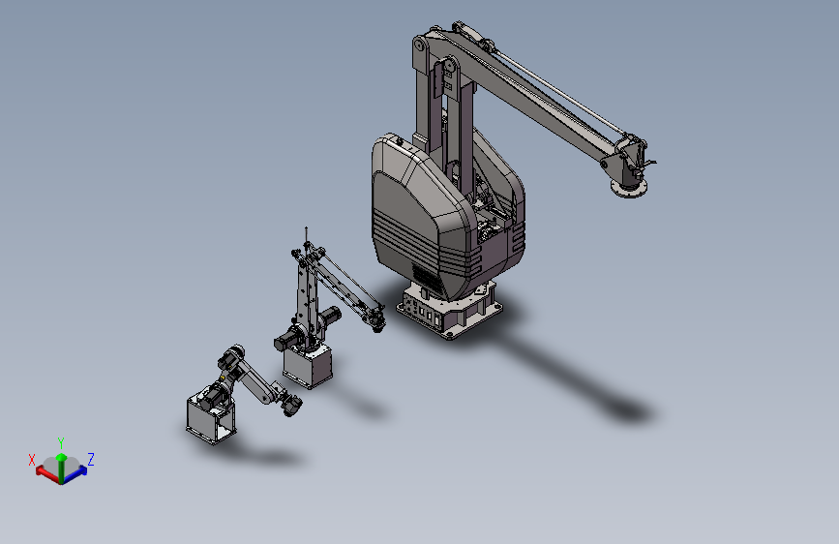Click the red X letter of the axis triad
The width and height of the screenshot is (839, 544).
32,460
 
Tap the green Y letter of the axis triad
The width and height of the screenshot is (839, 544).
61,443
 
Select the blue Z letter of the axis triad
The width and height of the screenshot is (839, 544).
91,460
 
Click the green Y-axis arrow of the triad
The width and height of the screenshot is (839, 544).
61,468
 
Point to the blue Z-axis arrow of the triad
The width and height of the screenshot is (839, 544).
75,474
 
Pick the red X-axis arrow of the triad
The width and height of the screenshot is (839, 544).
48,474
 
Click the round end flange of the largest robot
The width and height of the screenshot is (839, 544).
629,188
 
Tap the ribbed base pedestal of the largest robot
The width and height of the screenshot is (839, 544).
449,311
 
